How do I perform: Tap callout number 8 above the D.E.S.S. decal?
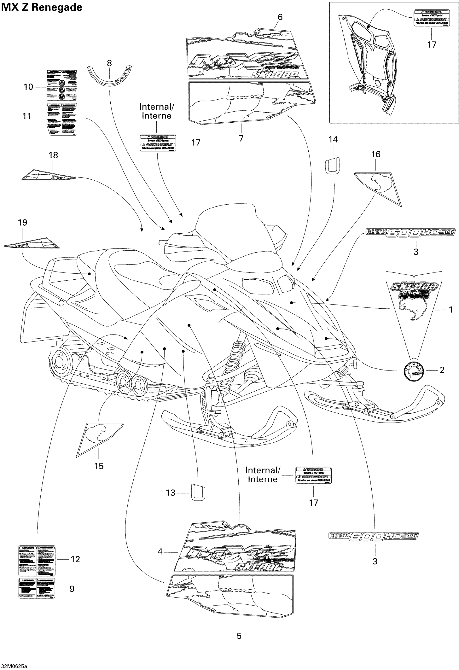point(109,63)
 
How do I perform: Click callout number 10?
point(28,87)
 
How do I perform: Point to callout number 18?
point(53,155)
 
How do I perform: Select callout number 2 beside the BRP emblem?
point(442,370)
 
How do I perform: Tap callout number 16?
point(376,155)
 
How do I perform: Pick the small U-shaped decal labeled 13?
point(198,492)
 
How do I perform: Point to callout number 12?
point(75,559)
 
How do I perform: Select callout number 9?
point(72,589)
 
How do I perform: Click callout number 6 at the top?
point(280,17)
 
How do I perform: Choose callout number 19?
point(23,223)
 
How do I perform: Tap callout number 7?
point(241,138)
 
